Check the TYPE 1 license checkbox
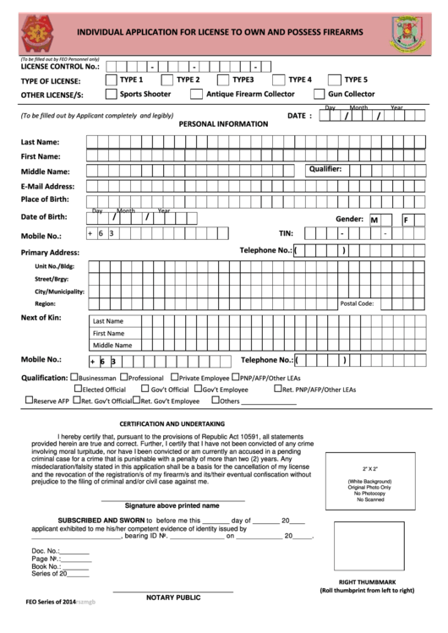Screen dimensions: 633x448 pyautogui.click(x=112, y=79)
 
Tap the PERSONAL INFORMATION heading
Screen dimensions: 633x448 pyautogui.click(x=223, y=123)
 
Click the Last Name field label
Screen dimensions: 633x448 pyautogui.click(x=40, y=141)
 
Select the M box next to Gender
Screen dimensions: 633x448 pyautogui.click(x=374, y=220)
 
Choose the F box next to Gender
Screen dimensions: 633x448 pyautogui.click(x=407, y=220)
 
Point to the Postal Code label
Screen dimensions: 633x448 pyautogui.click(x=356, y=303)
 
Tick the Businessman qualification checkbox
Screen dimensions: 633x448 pyautogui.click(x=75, y=378)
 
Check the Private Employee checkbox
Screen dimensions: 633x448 pyautogui.click(x=174, y=378)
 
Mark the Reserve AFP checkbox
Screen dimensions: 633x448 pyautogui.click(x=29, y=401)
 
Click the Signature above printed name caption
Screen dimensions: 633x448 pyautogui.click(x=173, y=505)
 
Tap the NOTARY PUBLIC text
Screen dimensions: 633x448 pyautogui.click(x=172, y=598)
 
